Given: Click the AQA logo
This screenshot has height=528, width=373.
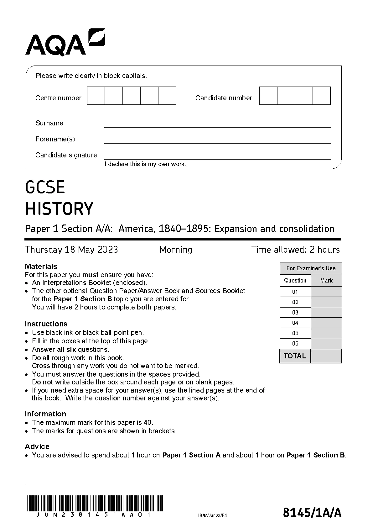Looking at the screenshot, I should click(x=65, y=42).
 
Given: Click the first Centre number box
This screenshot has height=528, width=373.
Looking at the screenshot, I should click(x=96, y=96).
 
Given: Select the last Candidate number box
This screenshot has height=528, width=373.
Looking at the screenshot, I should click(x=322, y=96).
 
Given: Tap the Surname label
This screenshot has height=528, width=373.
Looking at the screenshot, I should click(x=49, y=123).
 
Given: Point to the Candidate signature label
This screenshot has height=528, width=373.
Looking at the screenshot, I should click(x=66, y=155).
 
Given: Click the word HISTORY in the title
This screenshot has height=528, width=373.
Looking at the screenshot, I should click(x=59, y=209).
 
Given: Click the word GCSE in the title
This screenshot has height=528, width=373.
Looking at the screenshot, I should click(x=45, y=187).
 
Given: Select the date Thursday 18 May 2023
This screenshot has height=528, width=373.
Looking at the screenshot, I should click(x=71, y=250).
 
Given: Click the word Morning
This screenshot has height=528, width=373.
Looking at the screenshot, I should click(x=176, y=250).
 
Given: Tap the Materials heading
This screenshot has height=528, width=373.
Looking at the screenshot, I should click(x=41, y=267).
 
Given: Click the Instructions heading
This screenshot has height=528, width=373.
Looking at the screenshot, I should click(x=46, y=324).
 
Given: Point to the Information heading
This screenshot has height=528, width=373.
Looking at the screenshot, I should click(x=45, y=414).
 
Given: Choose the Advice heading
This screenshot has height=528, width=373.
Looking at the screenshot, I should click(x=37, y=446).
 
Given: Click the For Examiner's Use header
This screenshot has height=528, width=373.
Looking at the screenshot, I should click(x=311, y=268).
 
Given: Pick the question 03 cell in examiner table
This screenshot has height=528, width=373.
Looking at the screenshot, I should click(x=295, y=313).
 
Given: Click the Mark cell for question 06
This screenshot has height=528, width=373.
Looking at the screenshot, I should click(x=326, y=344).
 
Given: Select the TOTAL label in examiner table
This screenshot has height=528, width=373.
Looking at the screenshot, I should click(x=294, y=356).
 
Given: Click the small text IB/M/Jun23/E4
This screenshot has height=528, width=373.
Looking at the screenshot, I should click(x=212, y=515).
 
